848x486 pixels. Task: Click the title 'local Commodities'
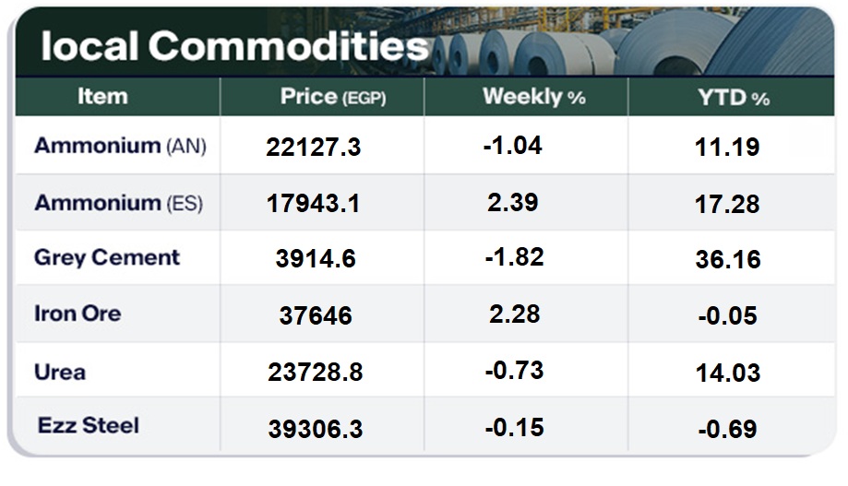234,46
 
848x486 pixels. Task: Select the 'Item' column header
102,96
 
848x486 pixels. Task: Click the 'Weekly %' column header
533,97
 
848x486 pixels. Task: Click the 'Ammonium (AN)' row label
120,146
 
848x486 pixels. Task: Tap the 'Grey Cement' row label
107,257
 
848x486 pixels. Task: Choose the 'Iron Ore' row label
78,314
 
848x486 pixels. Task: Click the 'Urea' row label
60,372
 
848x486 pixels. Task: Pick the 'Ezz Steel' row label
89,425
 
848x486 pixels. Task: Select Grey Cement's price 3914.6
314,259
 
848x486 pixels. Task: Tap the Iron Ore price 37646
315,316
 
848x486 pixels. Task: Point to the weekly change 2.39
513,202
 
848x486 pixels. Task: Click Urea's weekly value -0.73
513,371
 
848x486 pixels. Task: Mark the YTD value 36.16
728,260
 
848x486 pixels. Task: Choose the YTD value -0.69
727,429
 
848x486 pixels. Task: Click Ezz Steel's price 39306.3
315,429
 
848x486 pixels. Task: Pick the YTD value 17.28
728,204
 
